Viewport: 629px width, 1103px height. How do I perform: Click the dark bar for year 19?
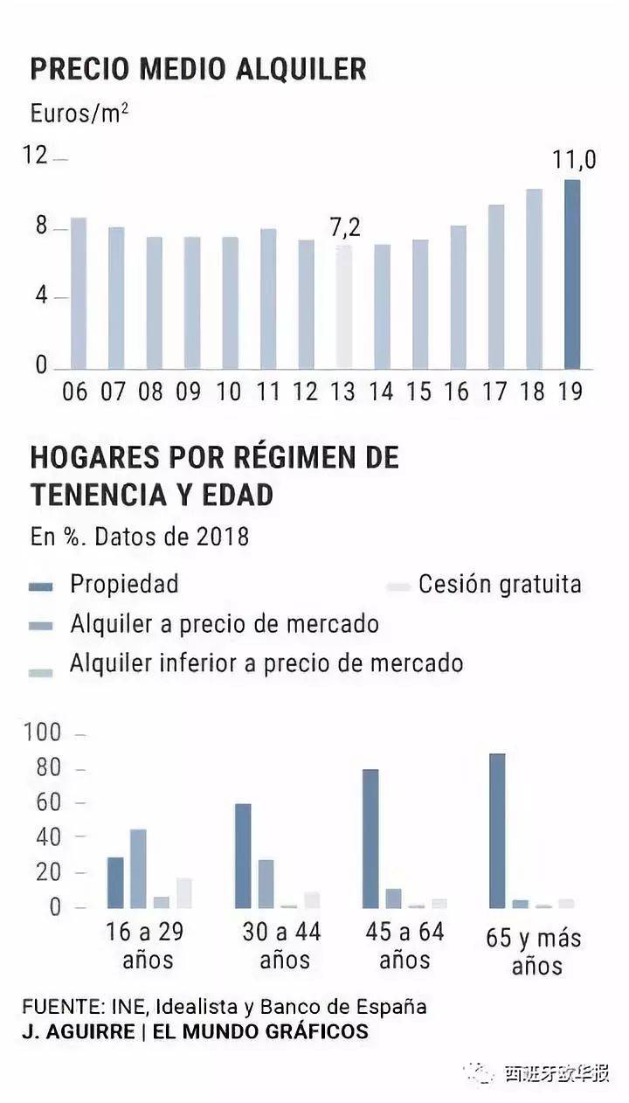click(x=572, y=274)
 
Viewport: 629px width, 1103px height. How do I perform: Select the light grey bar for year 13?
click(x=344, y=307)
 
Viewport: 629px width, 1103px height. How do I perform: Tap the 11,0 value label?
click(x=574, y=160)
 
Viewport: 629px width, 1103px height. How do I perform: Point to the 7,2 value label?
click(x=345, y=227)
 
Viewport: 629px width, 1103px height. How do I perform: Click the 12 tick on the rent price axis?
click(x=36, y=156)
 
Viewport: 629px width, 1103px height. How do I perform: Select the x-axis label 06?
click(x=75, y=392)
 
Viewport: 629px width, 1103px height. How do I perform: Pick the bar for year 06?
click(x=79, y=293)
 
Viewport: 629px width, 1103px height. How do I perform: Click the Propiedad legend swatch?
click(x=41, y=586)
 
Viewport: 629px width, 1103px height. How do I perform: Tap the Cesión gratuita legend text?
click(x=500, y=585)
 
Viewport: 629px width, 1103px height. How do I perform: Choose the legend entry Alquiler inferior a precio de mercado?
click(x=266, y=663)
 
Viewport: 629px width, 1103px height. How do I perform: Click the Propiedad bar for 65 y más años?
click(x=497, y=830)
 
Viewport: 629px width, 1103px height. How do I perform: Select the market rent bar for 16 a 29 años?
click(x=138, y=869)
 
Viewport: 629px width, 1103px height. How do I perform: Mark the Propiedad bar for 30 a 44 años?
click(x=243, y=856)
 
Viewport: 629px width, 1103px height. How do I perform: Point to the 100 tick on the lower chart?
click(x=42, y=732)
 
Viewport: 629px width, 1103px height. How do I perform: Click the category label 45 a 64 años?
click(x=405, y=946)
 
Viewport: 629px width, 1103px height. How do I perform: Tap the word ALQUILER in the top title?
click(x=301, y=68)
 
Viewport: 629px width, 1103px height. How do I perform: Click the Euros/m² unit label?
click(x=79, y=113)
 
